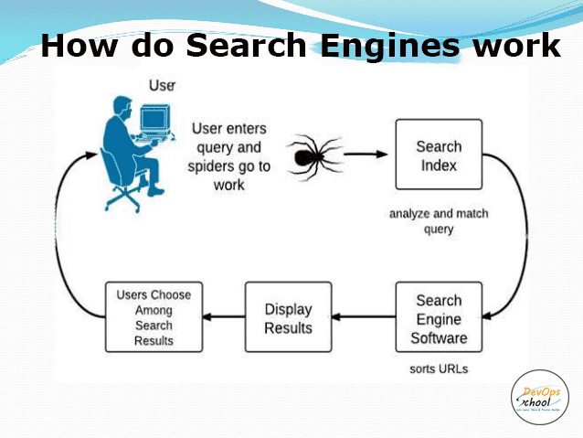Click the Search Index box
[439, 155]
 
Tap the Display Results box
[288, 318]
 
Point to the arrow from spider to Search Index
[366, 154]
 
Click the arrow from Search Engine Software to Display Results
[363, 318]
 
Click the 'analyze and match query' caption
[439, 221]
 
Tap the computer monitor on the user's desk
[154, 120]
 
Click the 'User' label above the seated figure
[162, 86]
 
